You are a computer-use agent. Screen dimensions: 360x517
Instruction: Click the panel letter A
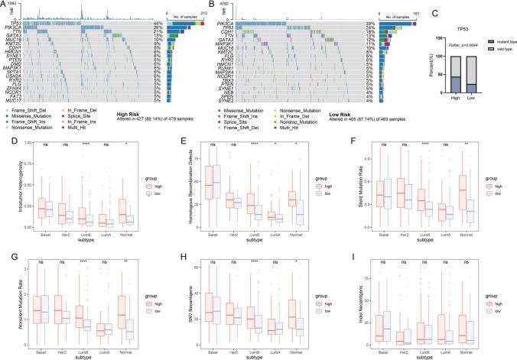(4, 4)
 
